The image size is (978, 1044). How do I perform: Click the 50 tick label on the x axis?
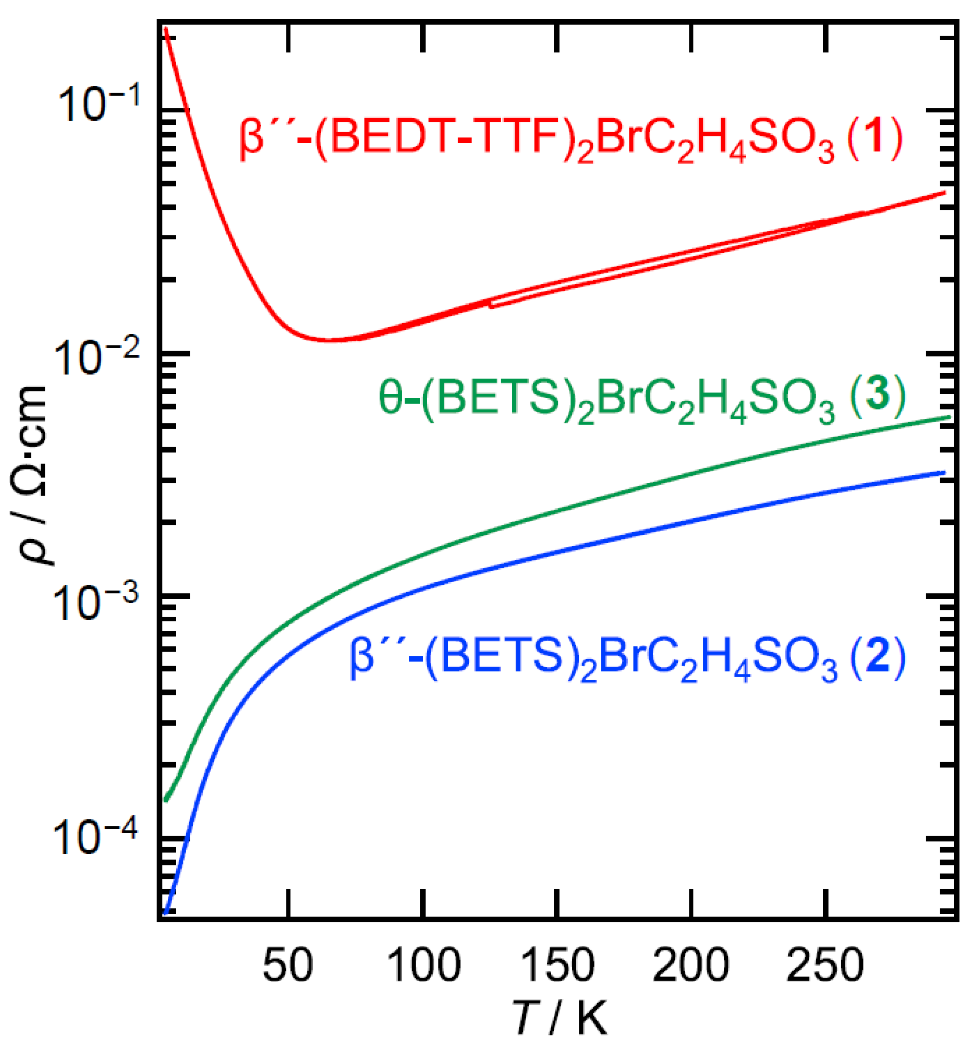tap(288, 965)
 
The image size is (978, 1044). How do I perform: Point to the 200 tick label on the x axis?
tap(691, 965)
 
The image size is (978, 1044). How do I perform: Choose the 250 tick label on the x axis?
tap(825, 965)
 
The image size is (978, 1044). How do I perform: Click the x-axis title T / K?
tap(558, 1019)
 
